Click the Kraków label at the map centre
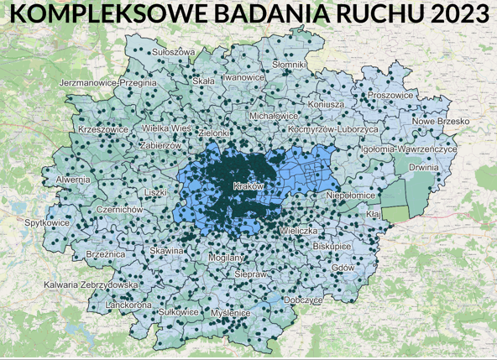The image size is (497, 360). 248,185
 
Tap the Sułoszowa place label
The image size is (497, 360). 173,53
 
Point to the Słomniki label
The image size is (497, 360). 290,65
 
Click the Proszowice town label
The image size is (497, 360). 391,96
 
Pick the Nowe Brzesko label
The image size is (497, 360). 441,122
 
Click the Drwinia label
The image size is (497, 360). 424,167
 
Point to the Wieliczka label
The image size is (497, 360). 300,229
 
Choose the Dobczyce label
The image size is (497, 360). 303,300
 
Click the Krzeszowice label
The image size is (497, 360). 102,130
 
